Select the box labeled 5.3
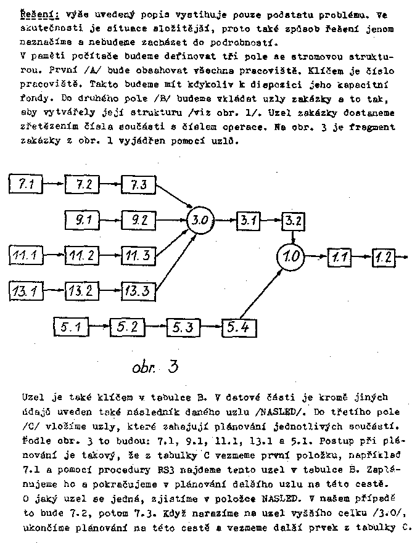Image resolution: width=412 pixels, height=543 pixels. coord(182,327)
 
